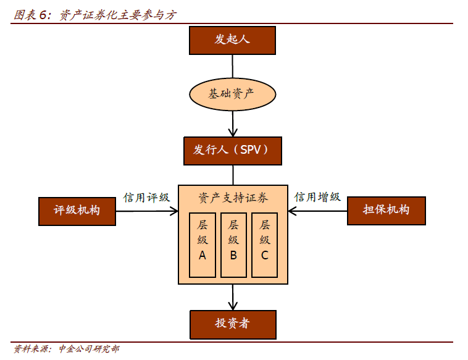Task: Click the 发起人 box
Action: coord(232,40)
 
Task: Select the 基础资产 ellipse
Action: coord(232,94)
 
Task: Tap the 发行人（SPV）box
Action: coord(232,151)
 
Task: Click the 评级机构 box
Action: coord(77,211)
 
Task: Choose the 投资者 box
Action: coord(232,324)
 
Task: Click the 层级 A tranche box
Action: coord(203,245)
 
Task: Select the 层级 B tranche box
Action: coord(233,245)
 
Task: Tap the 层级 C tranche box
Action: coord(264,245)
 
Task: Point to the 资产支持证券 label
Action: coord(233,198)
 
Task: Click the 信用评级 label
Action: coord(146,198)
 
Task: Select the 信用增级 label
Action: coord(317,198)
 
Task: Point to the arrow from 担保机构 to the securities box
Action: coord(318,211)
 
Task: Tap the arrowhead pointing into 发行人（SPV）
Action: coord(232,132)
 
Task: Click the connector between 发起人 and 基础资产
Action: coord(232,66)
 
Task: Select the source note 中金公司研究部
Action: coord(89,350)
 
